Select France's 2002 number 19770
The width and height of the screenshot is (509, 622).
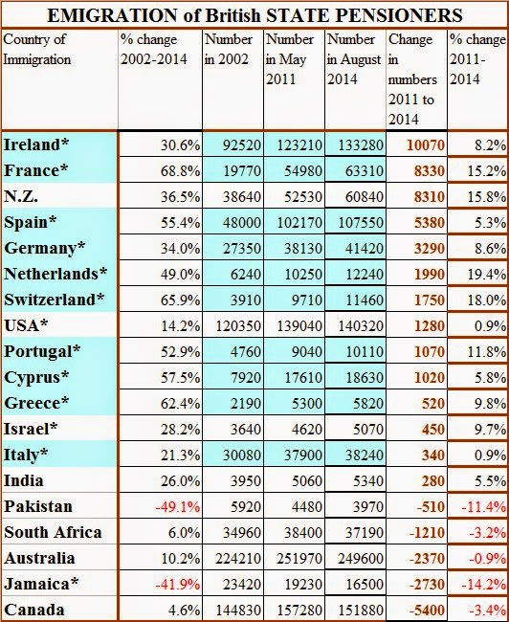(x=242, y=171)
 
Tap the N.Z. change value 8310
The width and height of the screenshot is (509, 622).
(x=429, y=197)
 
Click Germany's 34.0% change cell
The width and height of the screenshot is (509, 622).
(x=180, y=249)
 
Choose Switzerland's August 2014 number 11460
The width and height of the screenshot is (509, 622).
(x=361, y=300)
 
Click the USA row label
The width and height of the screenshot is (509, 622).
(x=26, y=325)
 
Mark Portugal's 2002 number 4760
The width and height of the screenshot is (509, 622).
(x=245, y=352)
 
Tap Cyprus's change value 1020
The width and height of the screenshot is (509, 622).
(x=429, y=378)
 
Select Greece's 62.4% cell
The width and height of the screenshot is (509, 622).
(x=180, y=404)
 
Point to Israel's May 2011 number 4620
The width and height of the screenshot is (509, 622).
(x=306, y=430)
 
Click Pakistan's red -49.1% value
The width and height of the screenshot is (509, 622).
(x=177, y=507)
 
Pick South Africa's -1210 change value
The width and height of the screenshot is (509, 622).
(x=427, y=532)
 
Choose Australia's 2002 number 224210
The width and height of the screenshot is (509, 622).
(x=238, y=559)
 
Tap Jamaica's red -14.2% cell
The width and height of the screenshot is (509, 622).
(x=484, y=585)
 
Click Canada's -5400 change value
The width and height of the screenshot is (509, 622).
(x=427, y=610)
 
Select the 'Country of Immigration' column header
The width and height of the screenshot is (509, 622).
(x=37, y=50)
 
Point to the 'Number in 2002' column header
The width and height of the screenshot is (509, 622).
(x=229, y=50)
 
